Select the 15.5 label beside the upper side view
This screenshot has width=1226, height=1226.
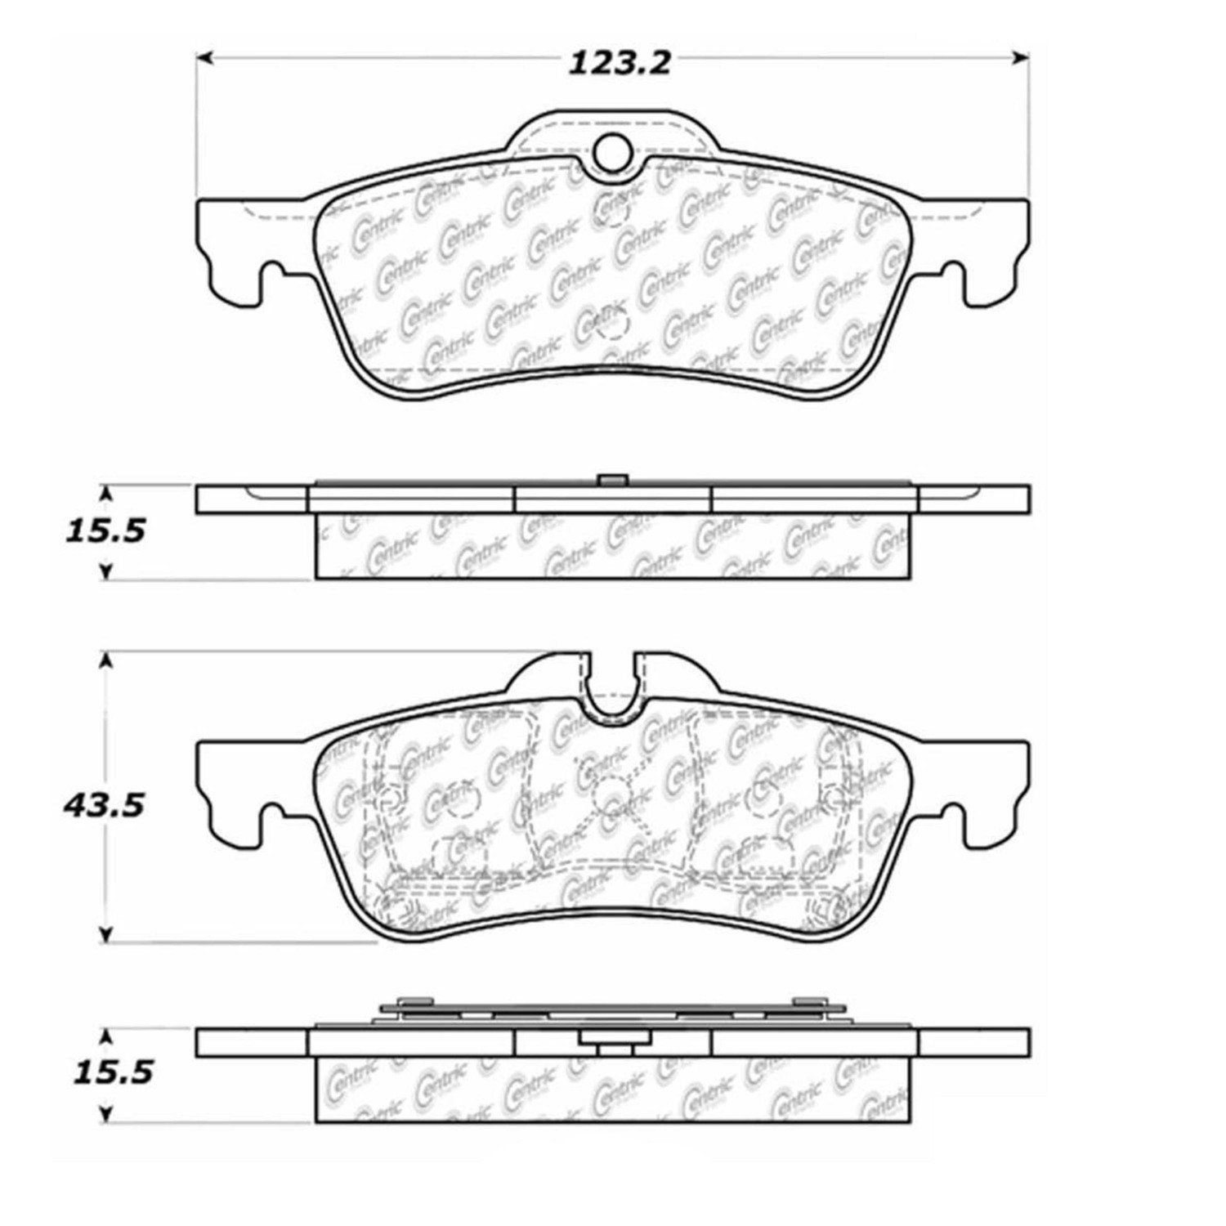(x=104, y=531)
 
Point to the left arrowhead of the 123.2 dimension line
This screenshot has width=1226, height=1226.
(x=206, y=57)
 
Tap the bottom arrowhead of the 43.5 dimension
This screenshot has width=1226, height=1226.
(x=105, y=935)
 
